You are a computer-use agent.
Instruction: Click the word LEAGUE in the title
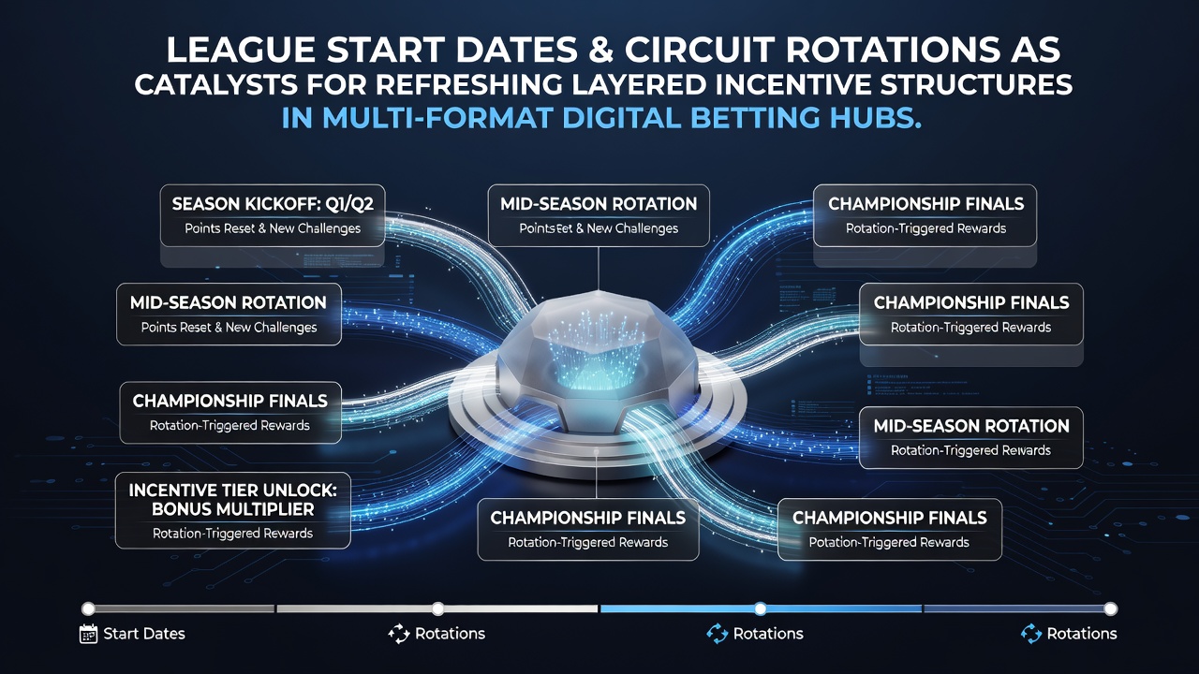(x=241, y=50)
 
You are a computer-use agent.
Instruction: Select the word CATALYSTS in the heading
(x=215, y=84)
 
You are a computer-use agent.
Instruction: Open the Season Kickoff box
(x=273, y=215)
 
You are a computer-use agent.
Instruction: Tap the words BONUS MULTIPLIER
(x=233, y=509)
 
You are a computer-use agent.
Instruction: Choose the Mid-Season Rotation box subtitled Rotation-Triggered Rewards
(x=971, y=437)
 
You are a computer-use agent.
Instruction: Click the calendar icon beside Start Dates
(x=88, y=634)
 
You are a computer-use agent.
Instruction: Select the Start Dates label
(x=144, y=634)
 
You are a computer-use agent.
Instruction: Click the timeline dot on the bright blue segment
(x=760, y=608)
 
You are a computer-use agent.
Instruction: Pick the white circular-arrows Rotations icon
(x=399, y=634)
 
